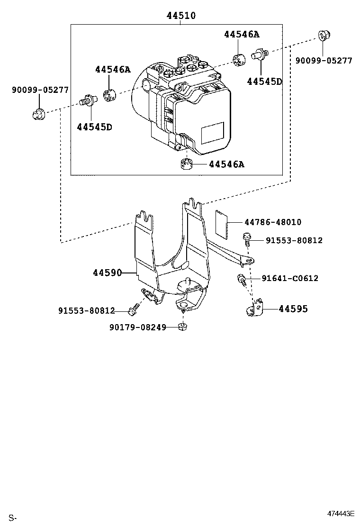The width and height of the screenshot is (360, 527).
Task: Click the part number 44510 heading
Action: click(181, 16)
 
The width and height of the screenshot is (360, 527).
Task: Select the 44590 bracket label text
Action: click(107, 273)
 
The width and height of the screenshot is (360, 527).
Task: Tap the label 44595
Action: click(293, 309)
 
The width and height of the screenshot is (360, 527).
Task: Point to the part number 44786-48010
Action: click(273, 222)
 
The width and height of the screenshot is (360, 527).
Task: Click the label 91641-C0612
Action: click(290, 278)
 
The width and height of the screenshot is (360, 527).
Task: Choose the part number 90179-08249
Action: click(137, 327)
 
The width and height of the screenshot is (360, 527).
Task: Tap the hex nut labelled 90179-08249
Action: click(182, 327)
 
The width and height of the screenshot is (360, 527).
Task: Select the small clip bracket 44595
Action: click(254, 309)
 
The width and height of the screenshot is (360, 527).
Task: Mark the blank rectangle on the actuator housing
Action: click(212, 133)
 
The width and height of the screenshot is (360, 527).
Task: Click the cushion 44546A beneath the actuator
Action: click(187, 164)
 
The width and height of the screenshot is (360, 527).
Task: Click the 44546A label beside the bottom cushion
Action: click(226, 164)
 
